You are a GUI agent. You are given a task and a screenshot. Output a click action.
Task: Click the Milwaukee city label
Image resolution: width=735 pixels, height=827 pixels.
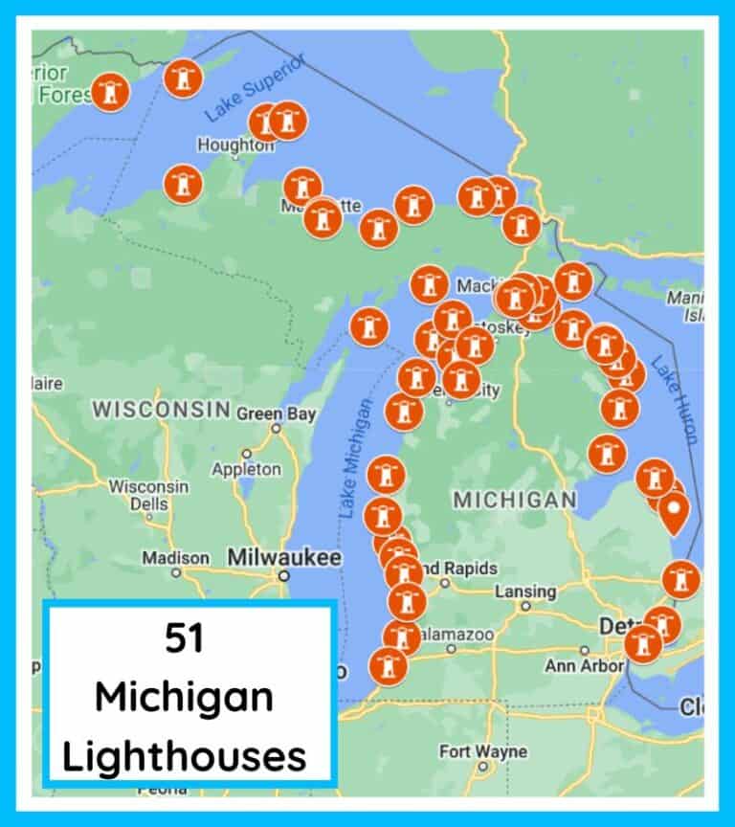tap(283, 557)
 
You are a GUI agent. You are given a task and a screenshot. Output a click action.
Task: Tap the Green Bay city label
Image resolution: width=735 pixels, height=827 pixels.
tap(274, 413)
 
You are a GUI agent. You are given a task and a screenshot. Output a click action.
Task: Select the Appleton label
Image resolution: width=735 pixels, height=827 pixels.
tap(247, 469)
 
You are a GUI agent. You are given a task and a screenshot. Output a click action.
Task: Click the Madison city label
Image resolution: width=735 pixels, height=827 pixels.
tap(175, 558)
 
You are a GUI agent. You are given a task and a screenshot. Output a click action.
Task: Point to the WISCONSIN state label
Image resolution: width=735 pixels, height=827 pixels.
tap(161, 410)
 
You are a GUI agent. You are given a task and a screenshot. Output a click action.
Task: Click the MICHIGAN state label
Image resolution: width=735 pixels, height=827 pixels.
tap(514, 500)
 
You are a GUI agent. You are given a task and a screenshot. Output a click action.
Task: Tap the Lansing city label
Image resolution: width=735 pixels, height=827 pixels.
tap(525, 592)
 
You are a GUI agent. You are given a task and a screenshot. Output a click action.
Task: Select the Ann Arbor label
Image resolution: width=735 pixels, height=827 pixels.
tap(585, 664)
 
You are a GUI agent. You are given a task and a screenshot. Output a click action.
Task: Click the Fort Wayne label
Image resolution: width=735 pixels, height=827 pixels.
tap(482, 751)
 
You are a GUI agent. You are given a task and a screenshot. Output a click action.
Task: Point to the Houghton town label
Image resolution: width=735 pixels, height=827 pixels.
tap(234, 145)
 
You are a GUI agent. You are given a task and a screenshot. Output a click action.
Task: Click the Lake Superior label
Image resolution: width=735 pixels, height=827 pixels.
tap(256, 88)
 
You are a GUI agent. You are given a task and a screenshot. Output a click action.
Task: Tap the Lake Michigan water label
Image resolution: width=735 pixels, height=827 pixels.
tap(354, 458)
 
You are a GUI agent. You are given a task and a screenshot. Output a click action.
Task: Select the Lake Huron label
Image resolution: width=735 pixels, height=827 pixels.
tap(675, 398)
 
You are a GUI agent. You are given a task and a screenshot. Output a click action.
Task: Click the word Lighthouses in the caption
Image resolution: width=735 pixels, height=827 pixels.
tap(185, 756)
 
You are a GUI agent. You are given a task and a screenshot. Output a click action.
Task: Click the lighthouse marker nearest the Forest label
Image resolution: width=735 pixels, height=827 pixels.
tap(111, 93)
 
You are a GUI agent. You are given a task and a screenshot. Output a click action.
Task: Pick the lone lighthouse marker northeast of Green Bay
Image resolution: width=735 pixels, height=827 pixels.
tap(368, 327)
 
